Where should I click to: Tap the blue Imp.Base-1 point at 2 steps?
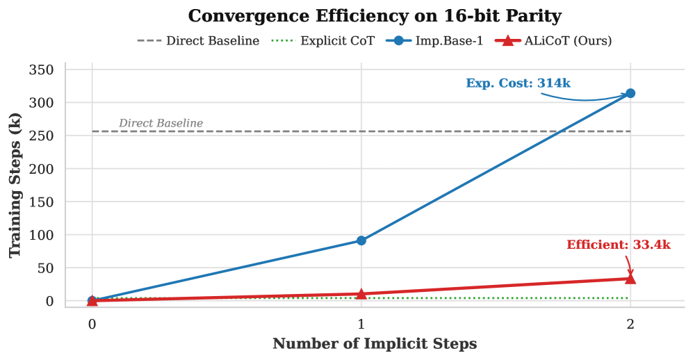(x=630, y=93)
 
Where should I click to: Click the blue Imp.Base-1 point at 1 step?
(x=361, y=240)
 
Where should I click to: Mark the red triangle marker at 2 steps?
(x=630, y=278)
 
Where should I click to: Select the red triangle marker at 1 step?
(x=361, y=293)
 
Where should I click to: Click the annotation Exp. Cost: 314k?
(x=518, y=83)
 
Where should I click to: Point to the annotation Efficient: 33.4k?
(x=619, y=245)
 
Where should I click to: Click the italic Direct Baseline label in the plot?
(x=161, y=124)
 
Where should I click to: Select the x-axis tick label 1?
(x=361, y=323)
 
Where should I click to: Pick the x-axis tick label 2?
(x=630, y=323)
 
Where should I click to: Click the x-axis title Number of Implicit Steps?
(x=374, y=344)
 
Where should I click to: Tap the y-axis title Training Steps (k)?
(x=15, y=188)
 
